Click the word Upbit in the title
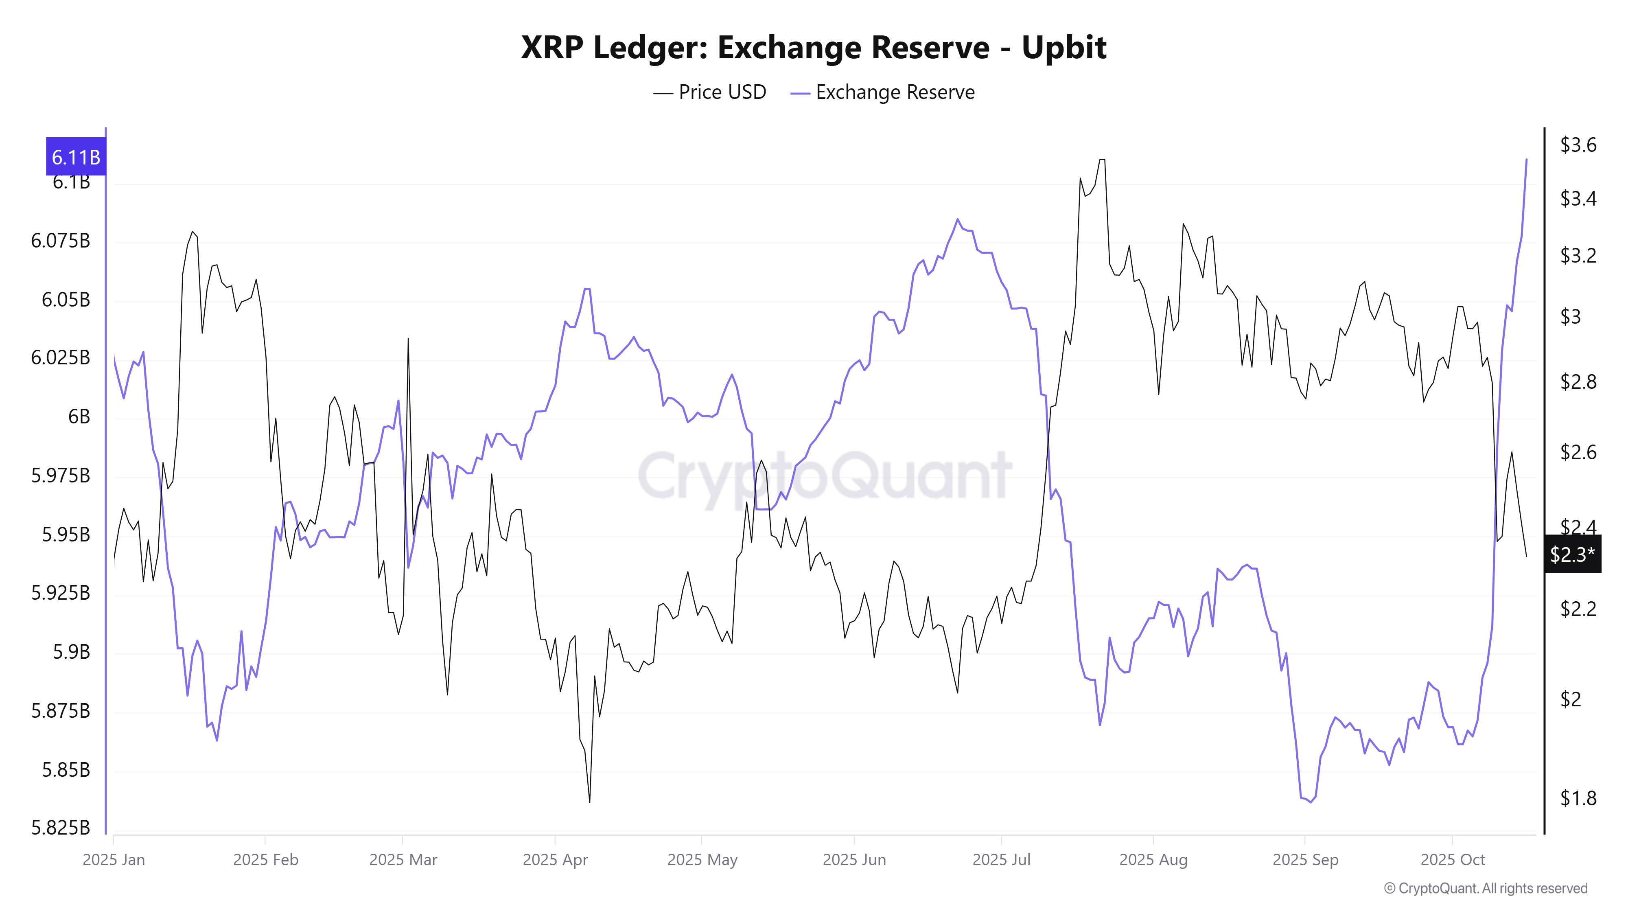point(1063,47)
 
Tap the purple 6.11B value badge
point(76,157)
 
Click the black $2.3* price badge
point(1572,554)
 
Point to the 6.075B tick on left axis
point(61,241)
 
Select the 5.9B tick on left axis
point(71,652)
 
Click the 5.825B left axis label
point(61,828)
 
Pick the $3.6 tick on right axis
point(1578,145)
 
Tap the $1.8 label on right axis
point(1578,798)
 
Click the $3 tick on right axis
point(1571,316)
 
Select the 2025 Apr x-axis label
point(555,860)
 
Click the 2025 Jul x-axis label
point(1001,860)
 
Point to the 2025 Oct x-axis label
point(1452,860)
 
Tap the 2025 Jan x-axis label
point(114,860)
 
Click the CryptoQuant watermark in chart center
point(824,476)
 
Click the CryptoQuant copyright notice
point(1485,888)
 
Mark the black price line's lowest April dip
point(590,802)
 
